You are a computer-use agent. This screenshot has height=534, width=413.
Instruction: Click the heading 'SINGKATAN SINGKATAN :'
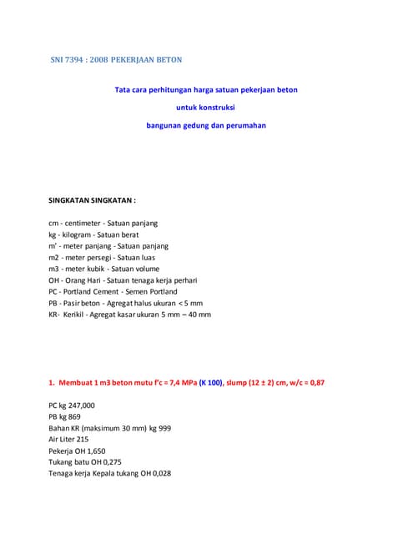click(92, 201)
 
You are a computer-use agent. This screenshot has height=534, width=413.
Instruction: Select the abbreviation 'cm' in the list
click(54, 224)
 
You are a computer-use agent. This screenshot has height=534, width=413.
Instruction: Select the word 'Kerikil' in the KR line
click(78, 315)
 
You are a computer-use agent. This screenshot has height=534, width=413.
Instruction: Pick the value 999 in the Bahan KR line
click(164, 427)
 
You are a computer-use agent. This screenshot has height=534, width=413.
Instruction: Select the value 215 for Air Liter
click(82, 439)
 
